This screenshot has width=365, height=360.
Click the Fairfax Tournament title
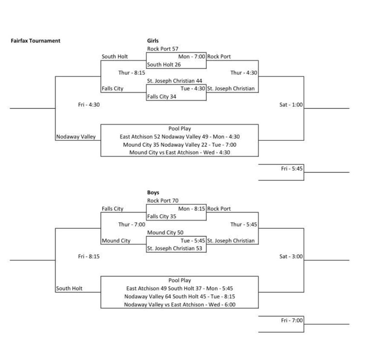point(36,41)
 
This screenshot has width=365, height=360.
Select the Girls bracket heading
point(153,41)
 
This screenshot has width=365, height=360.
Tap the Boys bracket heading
point(153,192)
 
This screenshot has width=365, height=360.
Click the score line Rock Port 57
point(163,49)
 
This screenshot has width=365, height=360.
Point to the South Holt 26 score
point(164,65)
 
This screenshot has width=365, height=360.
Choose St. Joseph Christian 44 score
point(175,80)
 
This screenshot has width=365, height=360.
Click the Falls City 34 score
point(163,96)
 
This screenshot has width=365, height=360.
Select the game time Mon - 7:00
point(192,57)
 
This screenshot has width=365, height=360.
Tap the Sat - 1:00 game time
point(290,104)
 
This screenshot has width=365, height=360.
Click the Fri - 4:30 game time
point(89,104)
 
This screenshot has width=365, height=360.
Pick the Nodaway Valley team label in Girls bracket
point(76,137)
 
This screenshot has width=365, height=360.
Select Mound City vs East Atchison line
point(180,152)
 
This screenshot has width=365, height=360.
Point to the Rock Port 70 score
point(163,200)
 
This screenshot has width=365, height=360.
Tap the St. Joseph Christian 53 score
point(175,248)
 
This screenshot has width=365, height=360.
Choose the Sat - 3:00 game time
point(290,256)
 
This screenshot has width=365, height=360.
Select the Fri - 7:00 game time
point(292,320)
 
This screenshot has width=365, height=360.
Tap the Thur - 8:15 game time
point(131,73)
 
